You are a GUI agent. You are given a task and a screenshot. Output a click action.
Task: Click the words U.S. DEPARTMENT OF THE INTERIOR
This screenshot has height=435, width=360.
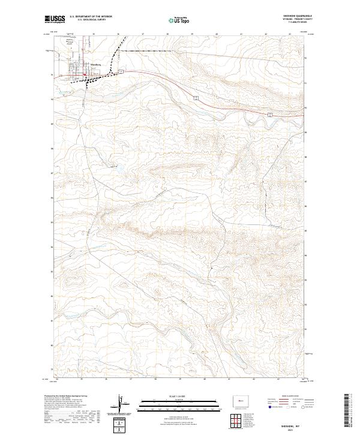[92, 18]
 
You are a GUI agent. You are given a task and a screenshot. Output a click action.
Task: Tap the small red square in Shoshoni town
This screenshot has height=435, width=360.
[85, 75]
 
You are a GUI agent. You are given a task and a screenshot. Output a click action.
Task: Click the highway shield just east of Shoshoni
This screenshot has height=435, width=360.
[121, 71]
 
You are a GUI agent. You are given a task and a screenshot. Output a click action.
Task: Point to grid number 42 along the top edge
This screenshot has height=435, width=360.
[265, 34]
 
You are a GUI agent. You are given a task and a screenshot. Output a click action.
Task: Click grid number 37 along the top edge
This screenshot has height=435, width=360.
[142, 34]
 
